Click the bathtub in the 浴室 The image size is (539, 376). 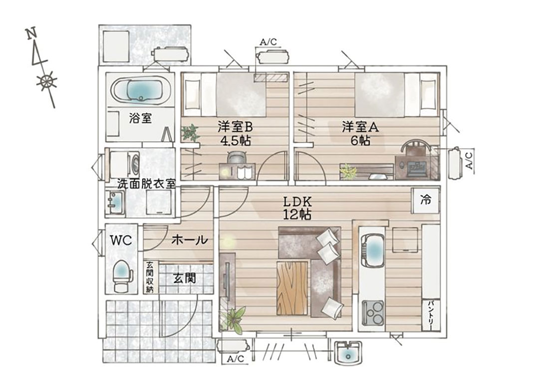(141, 90)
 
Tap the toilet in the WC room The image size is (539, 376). (123, 275)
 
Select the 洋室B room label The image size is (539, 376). (235, 127)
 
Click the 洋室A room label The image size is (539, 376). (360, 127)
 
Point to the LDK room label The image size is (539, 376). (297, 201)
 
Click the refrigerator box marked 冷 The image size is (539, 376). (426, 199)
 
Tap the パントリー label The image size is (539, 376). (431, 315)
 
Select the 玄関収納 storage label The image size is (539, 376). (150, 277)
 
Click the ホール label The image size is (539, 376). (190, 239)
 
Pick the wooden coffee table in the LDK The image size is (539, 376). (292, 287)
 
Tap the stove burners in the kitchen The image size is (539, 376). (373, 313)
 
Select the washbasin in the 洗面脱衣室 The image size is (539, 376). (115, 202)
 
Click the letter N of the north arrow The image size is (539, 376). (31, 33)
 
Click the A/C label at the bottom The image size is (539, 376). (236, 359)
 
